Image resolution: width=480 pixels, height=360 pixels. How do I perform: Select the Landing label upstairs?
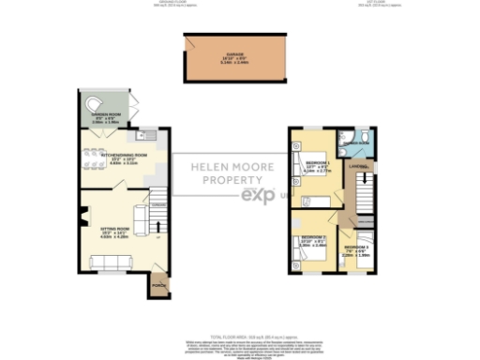356,168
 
